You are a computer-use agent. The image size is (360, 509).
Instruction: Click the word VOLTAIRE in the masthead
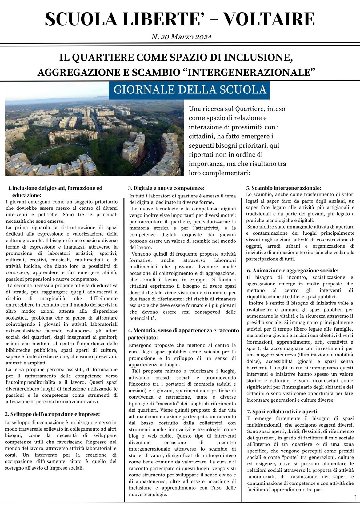[x=269, y=19]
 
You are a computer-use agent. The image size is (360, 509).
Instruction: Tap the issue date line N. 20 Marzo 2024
[x=181, y=37]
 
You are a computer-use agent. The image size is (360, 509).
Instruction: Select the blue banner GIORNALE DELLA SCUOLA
[x=190, y=89]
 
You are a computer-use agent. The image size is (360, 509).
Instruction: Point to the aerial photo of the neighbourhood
[x=94, y=137]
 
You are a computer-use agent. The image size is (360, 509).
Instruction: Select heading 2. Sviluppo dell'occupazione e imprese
[x=52, y=414]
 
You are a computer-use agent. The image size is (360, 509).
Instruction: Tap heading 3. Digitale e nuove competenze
[x=166, y=188]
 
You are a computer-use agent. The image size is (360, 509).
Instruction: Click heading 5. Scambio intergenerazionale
[x=283, y=188]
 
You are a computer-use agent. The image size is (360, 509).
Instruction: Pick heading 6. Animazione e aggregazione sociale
[x=292, y=270]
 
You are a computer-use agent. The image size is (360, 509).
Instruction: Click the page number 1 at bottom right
[x=355, y=497]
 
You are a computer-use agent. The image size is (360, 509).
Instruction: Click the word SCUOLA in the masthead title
[x=81, y=19]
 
